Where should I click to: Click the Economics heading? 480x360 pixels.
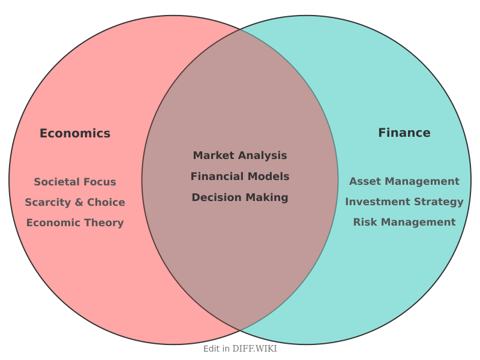[75, 133]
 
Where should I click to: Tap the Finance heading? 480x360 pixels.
[404, 133]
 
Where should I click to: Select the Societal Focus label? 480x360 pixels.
[75, 182]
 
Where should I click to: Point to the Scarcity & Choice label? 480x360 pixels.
[75, 202]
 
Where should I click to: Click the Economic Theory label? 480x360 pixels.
[75, 223]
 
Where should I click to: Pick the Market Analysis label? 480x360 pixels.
[240, 155]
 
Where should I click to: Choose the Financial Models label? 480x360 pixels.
[240, 176]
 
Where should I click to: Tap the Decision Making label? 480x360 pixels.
[240, 198]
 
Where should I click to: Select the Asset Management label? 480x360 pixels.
[404, 182]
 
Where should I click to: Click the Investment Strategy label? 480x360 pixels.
[404, 202]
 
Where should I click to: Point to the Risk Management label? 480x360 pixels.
[404, 222]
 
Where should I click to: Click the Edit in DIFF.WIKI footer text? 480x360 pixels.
[240, 349]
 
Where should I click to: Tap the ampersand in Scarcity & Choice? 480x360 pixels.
[79, 202]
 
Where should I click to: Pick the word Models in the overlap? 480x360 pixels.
[268, 176]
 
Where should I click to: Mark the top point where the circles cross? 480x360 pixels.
[240, 29]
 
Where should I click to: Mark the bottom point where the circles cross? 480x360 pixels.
[240, 330]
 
